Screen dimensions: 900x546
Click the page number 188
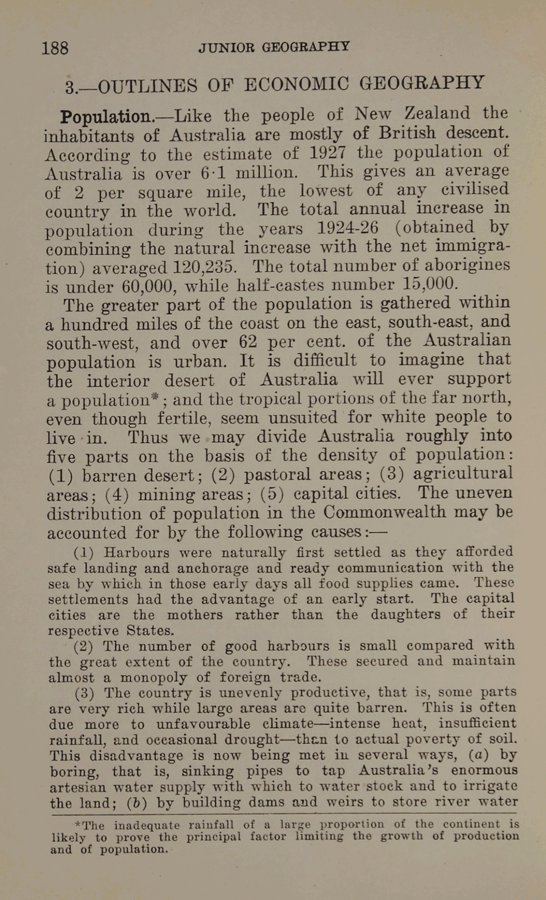tap(55, 48)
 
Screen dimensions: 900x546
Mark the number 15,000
tap(430, 284)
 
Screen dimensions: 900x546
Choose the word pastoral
tap(277, 475)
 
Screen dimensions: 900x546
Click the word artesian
tap(77, 787)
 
